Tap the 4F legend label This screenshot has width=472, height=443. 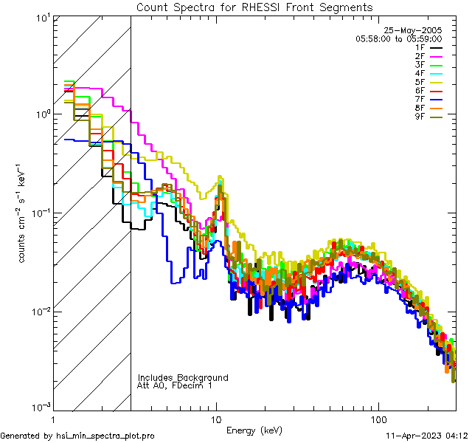(420, 73)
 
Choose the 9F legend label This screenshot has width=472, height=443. (420, 116)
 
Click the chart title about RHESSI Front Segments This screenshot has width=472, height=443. (254, 7)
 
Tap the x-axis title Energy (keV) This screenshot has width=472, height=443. (254, 430)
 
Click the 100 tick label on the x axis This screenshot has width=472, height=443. (377, 419)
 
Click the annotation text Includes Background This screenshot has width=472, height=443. (183, 377)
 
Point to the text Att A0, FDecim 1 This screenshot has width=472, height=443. (175, 385)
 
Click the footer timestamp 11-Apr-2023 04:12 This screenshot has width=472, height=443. (427, 436)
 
